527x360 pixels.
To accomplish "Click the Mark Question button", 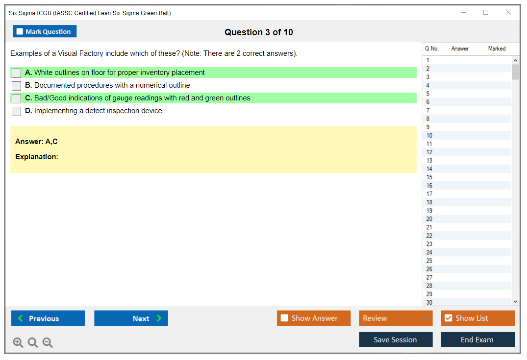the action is click(45, 31).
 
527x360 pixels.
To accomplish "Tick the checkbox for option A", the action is click(17, 73).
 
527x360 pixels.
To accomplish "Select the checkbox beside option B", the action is click(17, 86).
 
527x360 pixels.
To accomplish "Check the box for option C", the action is click(17, 98).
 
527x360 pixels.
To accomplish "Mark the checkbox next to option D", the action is click(17, 111).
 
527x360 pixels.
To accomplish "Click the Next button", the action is click(131, 318).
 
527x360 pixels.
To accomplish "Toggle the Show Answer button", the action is click(314, 318).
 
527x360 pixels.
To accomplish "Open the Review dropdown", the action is click(396, 318).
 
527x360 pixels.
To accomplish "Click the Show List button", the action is click(477, 318).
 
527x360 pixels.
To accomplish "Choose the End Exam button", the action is click(477, 339).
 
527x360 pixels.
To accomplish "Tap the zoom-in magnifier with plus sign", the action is click(18, 342).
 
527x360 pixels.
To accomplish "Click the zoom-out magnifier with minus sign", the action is click(48, 342).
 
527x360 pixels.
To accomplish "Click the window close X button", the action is click(508, 12).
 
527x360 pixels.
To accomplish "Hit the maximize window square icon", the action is click(486, 12).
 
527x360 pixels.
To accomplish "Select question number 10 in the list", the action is click(429, 136).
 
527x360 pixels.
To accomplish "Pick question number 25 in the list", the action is click(429, 261).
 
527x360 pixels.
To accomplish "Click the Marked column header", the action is click(497, 48).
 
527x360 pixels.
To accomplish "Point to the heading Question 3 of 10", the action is click(259, 32).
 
